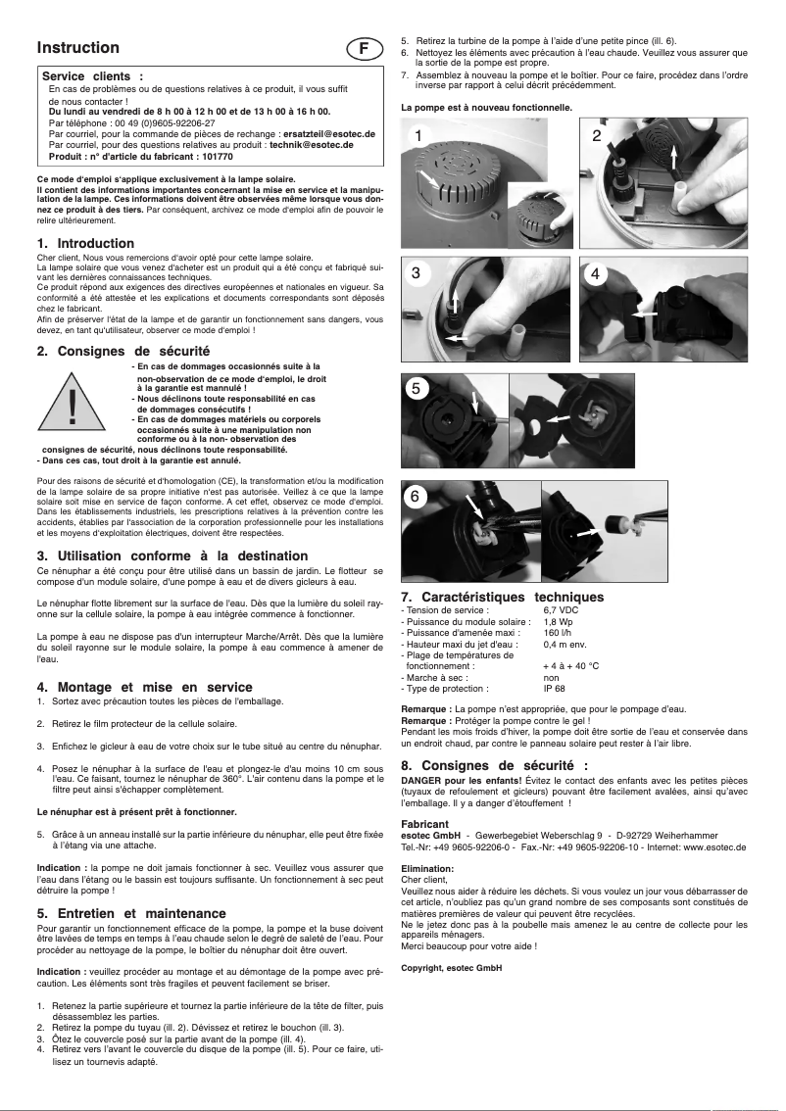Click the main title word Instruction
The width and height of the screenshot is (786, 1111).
click(x=78, y=48)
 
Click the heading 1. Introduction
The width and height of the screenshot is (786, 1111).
click(x=85, y=243)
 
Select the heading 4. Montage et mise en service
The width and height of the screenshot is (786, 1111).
click(x=144, y=687)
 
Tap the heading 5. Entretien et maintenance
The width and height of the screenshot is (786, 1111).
click(x=131, y=913)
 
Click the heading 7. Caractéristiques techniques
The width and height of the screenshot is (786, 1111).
click(x=502, y=597)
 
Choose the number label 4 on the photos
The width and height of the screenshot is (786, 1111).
click(x=597, y=274)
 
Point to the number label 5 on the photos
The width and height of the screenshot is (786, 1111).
click(x=417, y=388)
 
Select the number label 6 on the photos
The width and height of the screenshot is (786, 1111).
click(x=417, y=497)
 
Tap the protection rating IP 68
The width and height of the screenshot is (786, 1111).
click(x=554, y=689)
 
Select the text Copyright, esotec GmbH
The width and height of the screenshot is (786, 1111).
click(x=451, y=968)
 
